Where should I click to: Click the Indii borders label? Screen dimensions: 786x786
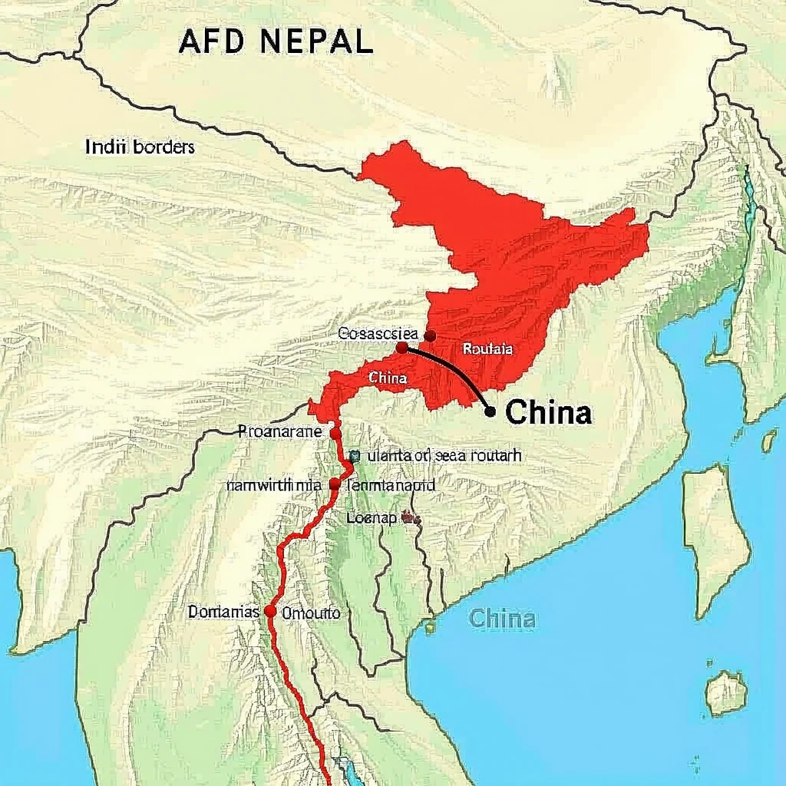pyautogui.click(x=140, y=147)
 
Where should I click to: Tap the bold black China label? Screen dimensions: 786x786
pyautogui.click(x=550, y=413)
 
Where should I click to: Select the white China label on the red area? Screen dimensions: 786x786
pyautogui.click(x=388, y=378)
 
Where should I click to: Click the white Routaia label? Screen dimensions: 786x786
pyautogui.click(x=488, y=348)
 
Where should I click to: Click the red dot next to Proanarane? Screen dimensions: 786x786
pyautogui.click(x=335, y=433)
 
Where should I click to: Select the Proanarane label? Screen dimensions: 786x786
pyautogui.click(x=280, y=431)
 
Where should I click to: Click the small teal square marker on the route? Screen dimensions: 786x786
pyautogui.click(x=354, y=455)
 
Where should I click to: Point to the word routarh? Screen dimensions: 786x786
pyautogui.click(x=493, y=455)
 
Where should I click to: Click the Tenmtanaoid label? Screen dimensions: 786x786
pyautogui.click(x=391, y=485)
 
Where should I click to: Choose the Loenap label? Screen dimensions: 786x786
pyautogui.click(x=372, y=518)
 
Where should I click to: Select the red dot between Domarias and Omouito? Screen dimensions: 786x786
pyautogui.click(x=270, y=612)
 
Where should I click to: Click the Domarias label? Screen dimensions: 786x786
pyautogui.click(x=223, y=613)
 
